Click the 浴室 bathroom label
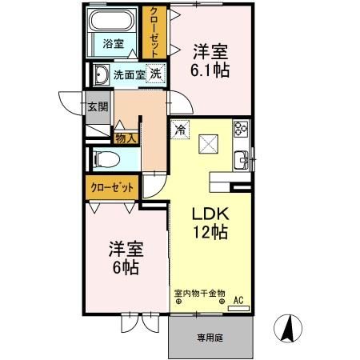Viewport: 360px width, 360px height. click(x=112, y=44)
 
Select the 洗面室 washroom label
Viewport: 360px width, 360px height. click(x=128, y=75)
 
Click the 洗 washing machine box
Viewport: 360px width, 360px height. click(x=158, y=74)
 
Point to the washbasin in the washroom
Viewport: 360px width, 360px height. click(x=102, y=76)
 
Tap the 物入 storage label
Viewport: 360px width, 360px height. click(x=127, y=138)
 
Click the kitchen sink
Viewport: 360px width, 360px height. click(x=242, y=159)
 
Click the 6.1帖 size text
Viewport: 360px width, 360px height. click(x=210, y=70)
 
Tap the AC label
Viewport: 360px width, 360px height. click(x=238, y=301)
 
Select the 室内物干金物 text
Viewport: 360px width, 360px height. click(x=200, y=293)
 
